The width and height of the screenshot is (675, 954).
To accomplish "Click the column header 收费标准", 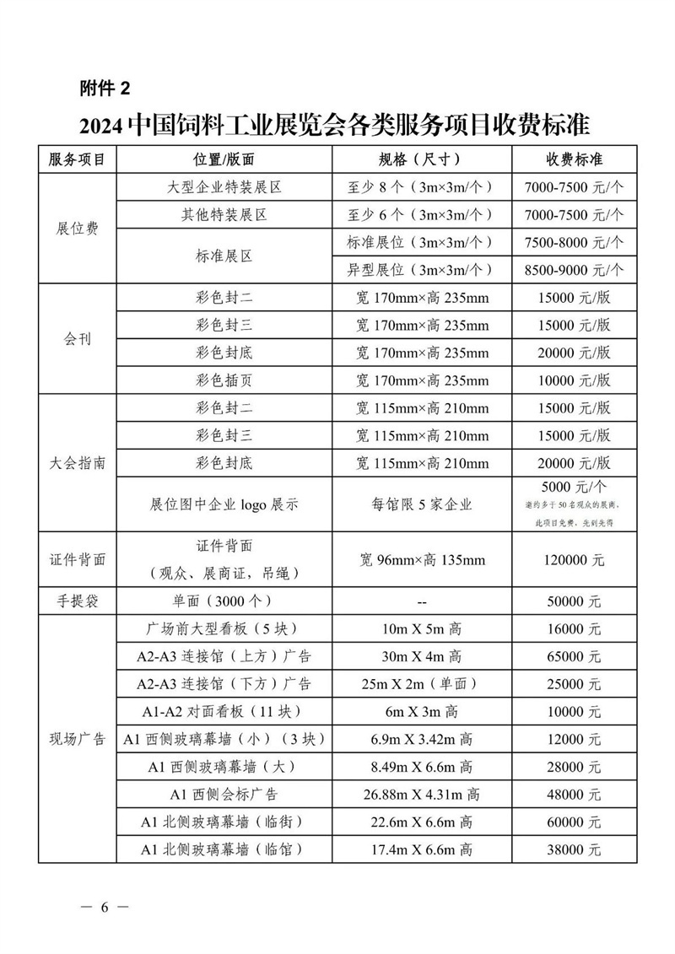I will pos(574,159).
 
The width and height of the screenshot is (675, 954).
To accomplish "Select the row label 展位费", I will pos(77,229).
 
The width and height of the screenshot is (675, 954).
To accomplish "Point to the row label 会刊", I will pos(77,339).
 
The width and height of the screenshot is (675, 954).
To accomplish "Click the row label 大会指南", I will pos(77,463).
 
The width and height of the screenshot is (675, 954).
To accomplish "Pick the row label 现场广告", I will pos(77,740).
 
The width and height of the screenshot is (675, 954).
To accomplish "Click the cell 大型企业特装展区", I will pos(224,187).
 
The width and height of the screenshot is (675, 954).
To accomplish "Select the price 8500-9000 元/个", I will pos(574,270).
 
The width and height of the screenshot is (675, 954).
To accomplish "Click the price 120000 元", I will pos(574,559).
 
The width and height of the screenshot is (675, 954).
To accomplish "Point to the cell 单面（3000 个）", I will pos(224,601).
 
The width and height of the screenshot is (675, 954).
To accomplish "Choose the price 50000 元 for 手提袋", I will pos(574,601).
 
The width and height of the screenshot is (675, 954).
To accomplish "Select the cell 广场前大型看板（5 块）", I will pos(224,629).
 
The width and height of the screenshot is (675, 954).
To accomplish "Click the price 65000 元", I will pos(574,656).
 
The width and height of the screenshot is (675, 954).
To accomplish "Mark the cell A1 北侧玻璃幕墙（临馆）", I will pos(224,849).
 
